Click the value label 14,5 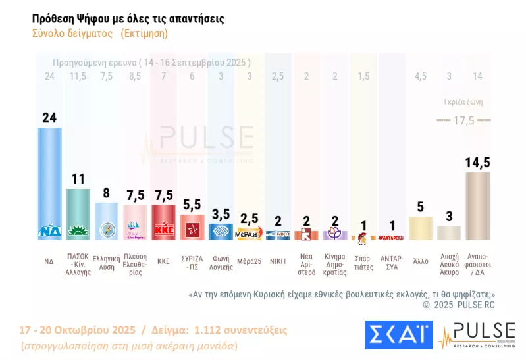tap(477, 162)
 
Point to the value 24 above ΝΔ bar tap(49, 118)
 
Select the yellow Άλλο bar tap(421, 228)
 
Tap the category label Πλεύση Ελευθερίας tap(136, 265)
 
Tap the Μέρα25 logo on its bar tap(250, 233)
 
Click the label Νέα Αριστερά tap(307, 265)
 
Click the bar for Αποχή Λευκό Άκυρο tap(449, 232)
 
